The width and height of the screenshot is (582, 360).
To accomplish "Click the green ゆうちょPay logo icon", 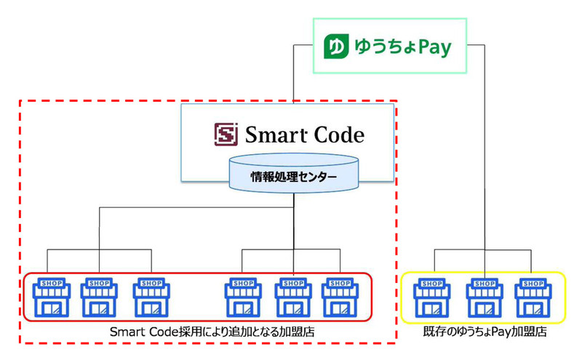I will (335, 48).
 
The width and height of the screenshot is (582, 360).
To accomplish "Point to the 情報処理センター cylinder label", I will (294, 176).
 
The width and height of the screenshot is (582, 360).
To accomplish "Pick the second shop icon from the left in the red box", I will (98, 297).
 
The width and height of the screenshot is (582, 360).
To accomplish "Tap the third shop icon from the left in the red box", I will (151, 297).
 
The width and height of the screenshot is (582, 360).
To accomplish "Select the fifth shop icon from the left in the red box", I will (293, 297).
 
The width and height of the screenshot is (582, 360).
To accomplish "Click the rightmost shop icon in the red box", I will (340, 297).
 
